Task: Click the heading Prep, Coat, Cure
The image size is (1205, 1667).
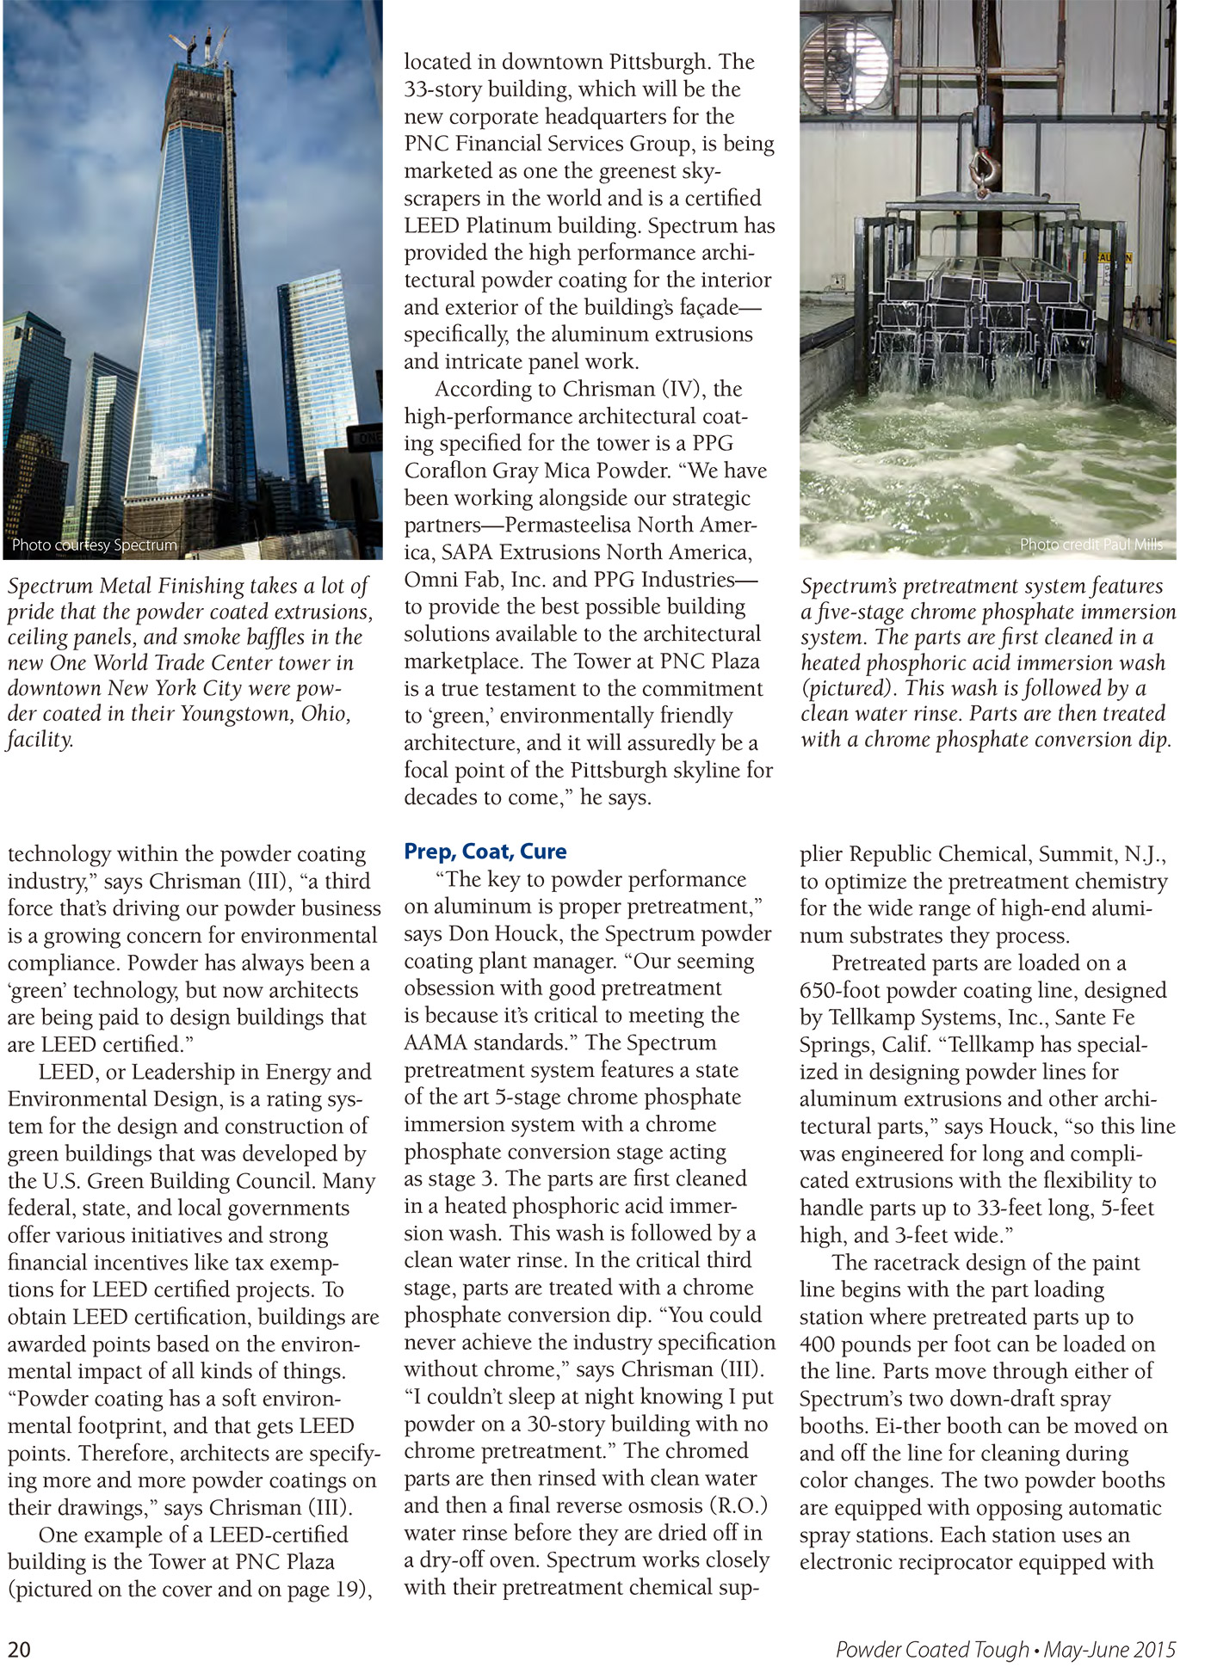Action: point(485,852)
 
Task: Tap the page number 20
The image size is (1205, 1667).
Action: point(20,1649)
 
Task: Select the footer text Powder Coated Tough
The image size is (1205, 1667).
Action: point(932,1649)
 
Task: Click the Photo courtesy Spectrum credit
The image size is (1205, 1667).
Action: point(95,545)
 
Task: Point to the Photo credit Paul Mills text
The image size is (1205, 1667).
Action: point(1091,544)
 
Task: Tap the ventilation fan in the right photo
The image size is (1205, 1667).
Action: point(843,60)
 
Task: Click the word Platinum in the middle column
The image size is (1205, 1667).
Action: point(521,225)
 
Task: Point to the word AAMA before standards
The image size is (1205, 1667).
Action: point(436,1043)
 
